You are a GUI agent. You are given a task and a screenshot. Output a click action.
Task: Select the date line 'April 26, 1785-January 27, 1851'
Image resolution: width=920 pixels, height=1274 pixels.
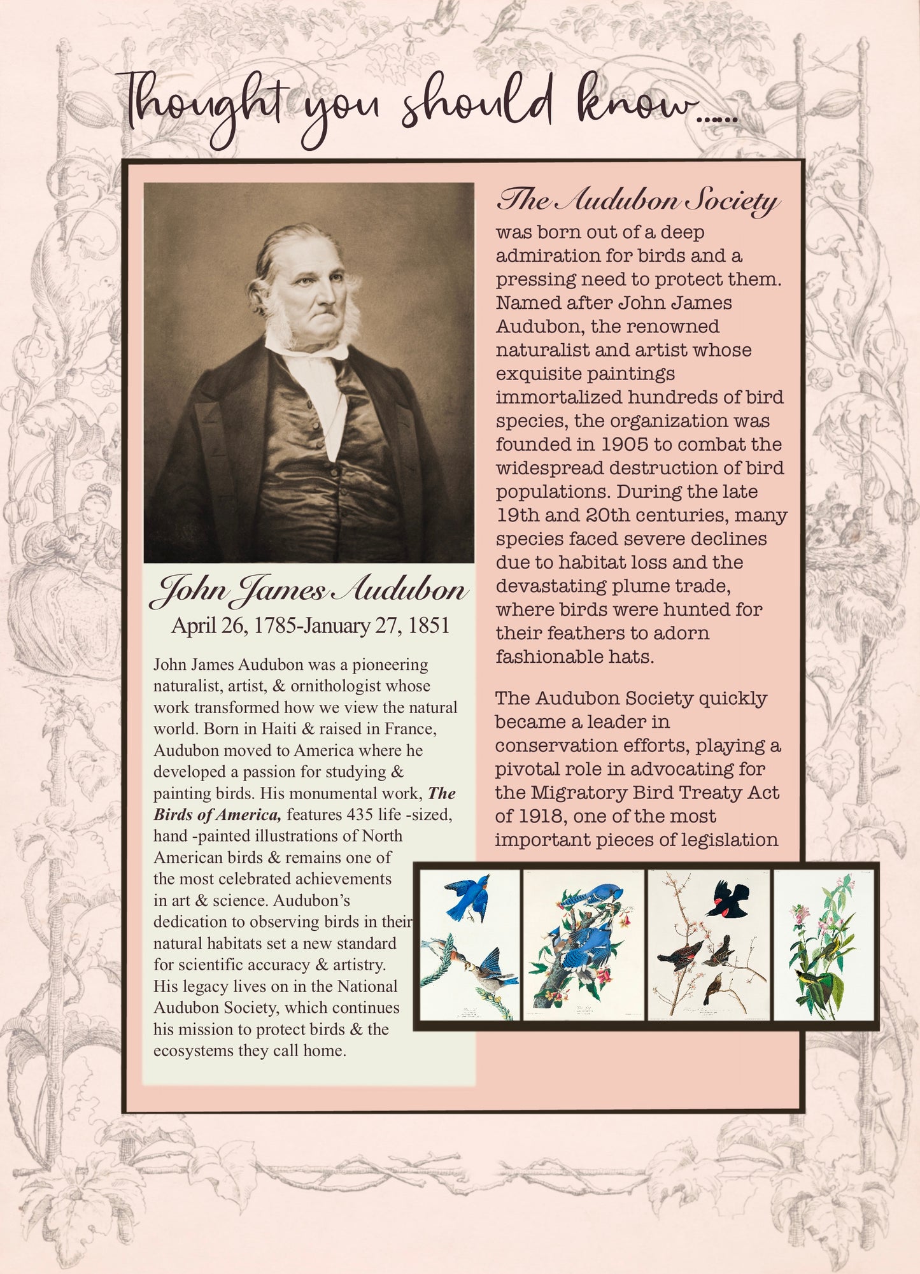(x=310, y=626)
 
